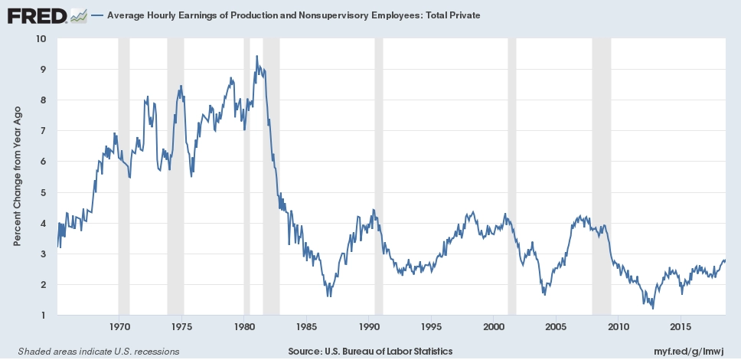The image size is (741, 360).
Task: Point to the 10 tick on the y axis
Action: [x=41, y=38]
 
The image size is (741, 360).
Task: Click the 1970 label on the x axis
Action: [x=119, y=326]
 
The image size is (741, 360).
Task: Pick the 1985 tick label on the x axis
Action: [x=306, y=326]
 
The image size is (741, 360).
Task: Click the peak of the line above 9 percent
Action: [x=256, y=56]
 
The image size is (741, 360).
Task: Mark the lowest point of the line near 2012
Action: [x=653, y=308]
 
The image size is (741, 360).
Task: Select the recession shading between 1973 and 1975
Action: [x=175, y=176]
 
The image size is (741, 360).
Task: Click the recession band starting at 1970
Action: [x=124, y=176]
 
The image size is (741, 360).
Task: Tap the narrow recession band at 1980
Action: [x=246, y=176]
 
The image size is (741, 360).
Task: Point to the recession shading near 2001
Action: [x=512, y=176]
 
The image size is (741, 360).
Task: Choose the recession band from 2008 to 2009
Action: [x=602, y=176]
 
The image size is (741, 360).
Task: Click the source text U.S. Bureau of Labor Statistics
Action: [x=370, y=351]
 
